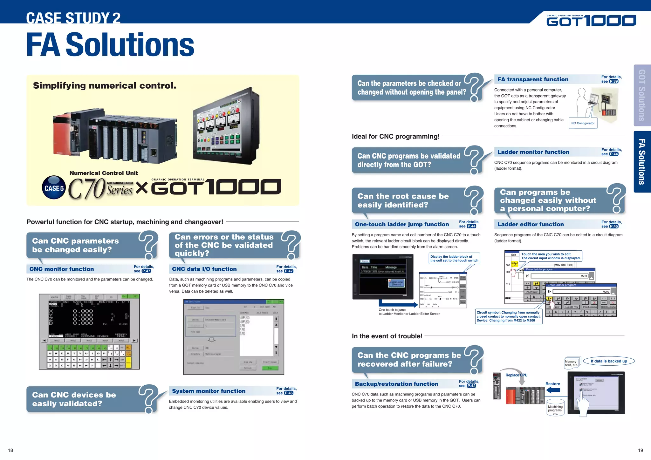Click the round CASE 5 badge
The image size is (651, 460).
pos(54,187)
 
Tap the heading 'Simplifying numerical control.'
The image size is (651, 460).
pos(105,86)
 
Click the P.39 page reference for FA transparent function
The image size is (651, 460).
pos(614,82)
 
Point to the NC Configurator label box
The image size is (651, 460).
pos(583,123)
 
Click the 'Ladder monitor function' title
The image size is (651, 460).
pos(533,152)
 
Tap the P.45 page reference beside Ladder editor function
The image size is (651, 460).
pos(614,227)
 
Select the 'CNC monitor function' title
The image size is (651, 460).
pos(62,269)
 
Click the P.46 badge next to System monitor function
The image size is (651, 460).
pos(288,393)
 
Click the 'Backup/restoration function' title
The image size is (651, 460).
pos(396,384)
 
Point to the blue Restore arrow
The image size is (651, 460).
pos(553,390)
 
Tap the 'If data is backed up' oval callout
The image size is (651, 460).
pos(609,361)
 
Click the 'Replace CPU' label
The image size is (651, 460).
pos(516,375)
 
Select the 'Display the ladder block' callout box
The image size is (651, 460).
pos(454,259)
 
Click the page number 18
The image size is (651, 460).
pos(10,450)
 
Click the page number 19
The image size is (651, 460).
pos(640,450)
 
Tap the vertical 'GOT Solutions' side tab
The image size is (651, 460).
pos(642,95)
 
